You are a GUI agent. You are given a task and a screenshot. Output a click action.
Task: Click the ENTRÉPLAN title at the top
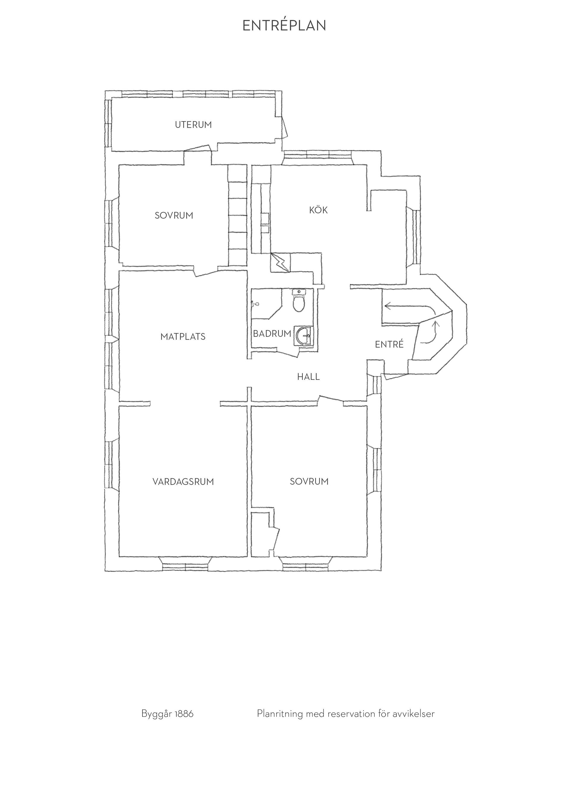(x=284, y=25)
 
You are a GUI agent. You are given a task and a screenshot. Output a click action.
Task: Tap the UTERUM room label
(x=193, y=125)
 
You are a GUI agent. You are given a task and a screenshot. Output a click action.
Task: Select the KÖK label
(x=318, y=210)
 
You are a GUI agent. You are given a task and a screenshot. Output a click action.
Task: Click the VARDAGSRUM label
(x=183, y=482)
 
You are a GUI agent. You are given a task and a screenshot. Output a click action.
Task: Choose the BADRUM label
(x=272, y=333)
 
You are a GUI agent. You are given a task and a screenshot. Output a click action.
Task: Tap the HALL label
(x=308, y=377)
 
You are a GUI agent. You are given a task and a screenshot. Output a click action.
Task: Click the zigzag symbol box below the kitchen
(x=280, y=263)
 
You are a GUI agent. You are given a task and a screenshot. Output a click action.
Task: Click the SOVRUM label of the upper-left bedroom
(x=174, y=215)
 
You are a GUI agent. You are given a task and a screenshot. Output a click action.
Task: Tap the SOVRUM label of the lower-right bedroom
(x=309, y=482)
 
